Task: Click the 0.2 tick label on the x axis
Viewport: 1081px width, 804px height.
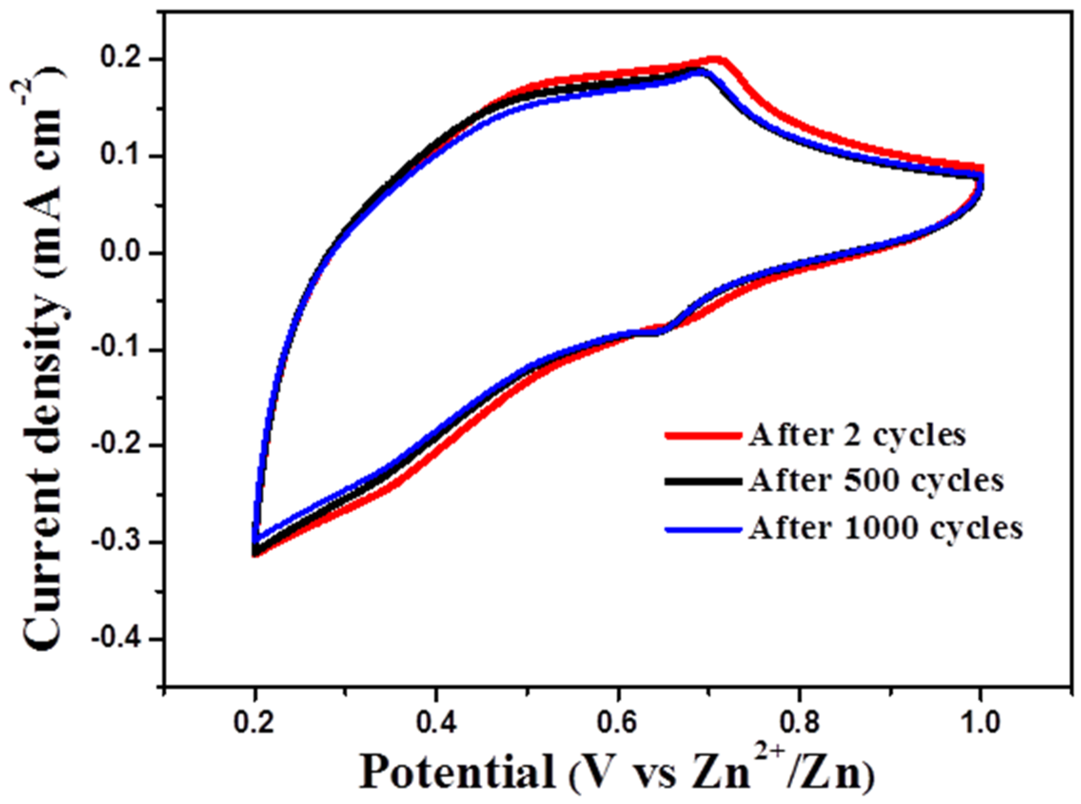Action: coord(254,724)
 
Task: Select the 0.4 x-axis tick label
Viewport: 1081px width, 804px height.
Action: coord(436,724)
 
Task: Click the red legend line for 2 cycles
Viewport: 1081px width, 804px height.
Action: coord(704,435)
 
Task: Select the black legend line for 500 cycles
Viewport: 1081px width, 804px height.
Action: coord(704,481)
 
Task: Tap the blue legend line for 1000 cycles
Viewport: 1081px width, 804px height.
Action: coord(704,529)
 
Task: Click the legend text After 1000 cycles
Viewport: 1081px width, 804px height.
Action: coord(885,528)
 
